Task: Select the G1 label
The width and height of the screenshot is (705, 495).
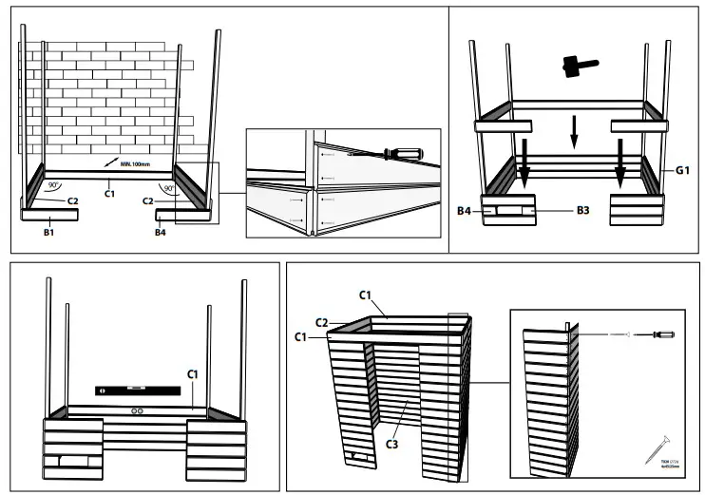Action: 682,170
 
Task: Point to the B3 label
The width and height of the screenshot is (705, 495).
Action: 586,210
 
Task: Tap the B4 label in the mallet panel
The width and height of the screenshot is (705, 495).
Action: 466,210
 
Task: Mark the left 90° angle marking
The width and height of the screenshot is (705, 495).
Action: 55,186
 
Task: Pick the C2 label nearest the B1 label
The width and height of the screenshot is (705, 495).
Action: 72,201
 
